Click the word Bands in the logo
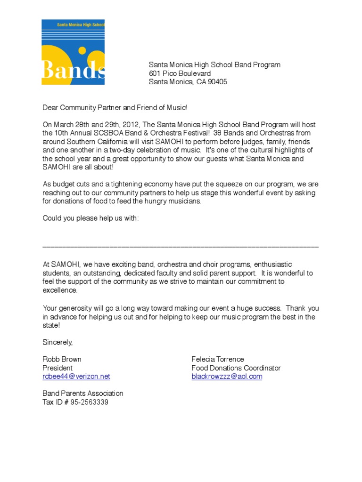[73, 70]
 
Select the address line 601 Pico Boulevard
[180, 73]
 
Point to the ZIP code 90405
[218, 82]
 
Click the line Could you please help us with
[90, 218]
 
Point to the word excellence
[60, 290]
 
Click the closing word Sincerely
[58, 342]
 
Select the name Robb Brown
[62, 359]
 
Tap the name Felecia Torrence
[218, 359]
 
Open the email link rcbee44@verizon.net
[76, 376]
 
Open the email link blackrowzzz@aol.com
[227, 376]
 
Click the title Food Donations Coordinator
[236, 368]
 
